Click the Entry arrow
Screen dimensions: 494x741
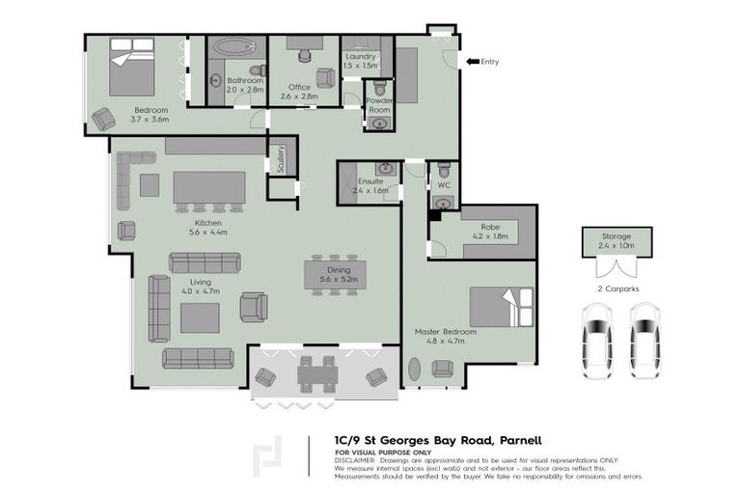click(472, 62)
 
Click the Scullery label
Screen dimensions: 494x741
click(280, 158)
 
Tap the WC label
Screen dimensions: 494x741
click(444, 184)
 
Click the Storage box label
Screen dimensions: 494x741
click(616, 236)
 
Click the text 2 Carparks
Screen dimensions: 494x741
click(617, 288)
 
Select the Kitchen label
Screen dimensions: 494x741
click(202, 224)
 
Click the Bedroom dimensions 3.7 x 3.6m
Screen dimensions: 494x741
click(151, 121)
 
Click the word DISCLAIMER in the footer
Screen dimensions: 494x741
click(357, 459)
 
